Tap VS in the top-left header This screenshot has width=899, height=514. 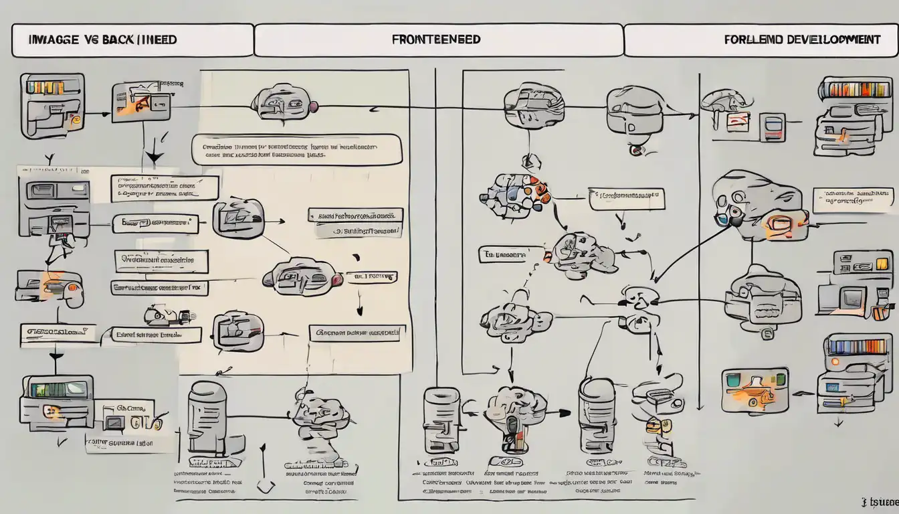tap(92, 40)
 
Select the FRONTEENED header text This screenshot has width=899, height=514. tap(436, 39)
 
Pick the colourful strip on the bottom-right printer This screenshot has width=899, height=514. tap(857, 347)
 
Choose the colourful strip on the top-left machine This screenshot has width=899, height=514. tap(45, 87)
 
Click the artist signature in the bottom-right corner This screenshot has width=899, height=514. tap(880, 501)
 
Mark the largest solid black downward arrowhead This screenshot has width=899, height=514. tap(154, 158)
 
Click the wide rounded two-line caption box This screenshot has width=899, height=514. tap(297, 149)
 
